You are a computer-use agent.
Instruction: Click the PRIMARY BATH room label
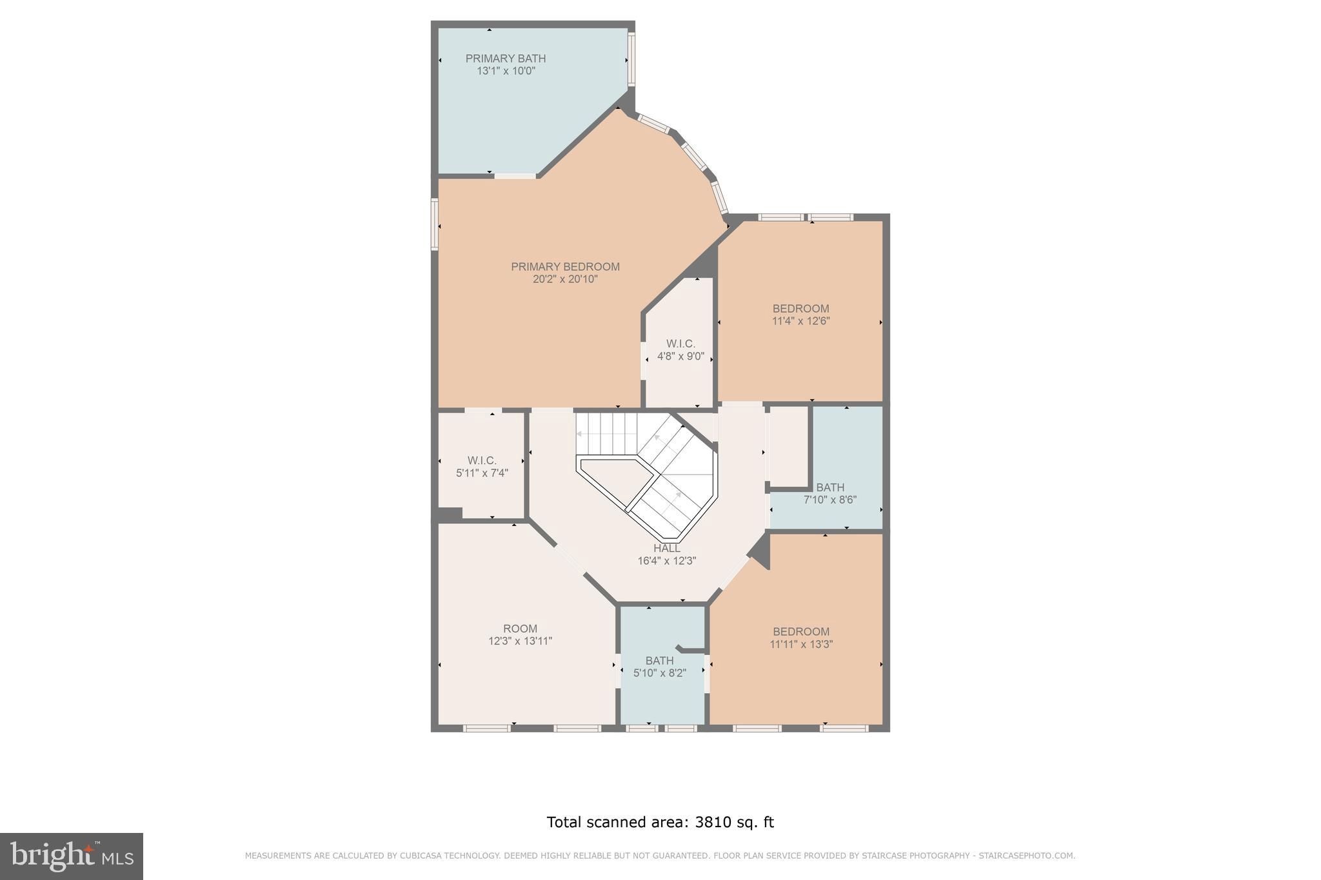click(x=506, y=59)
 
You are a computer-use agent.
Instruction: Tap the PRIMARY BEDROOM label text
click(x=565, y=267)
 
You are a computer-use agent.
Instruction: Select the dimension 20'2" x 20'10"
click(x=565, y=280)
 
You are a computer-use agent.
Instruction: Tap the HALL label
click(x=666, y=549)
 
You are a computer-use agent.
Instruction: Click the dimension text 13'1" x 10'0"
click(x=506, y=72)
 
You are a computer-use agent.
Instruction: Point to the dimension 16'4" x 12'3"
click(x=666, y=562)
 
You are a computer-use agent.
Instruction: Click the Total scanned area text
click(x=660, y=822)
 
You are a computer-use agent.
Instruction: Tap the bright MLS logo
click(x=72, y=856)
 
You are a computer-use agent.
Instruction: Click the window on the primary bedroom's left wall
click(x=435, y=224)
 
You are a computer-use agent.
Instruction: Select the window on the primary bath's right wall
click(x=631, y=59)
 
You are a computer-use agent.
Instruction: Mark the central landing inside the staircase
click(x=610, y=480)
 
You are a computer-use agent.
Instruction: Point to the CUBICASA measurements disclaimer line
click(x=660, y=856)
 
